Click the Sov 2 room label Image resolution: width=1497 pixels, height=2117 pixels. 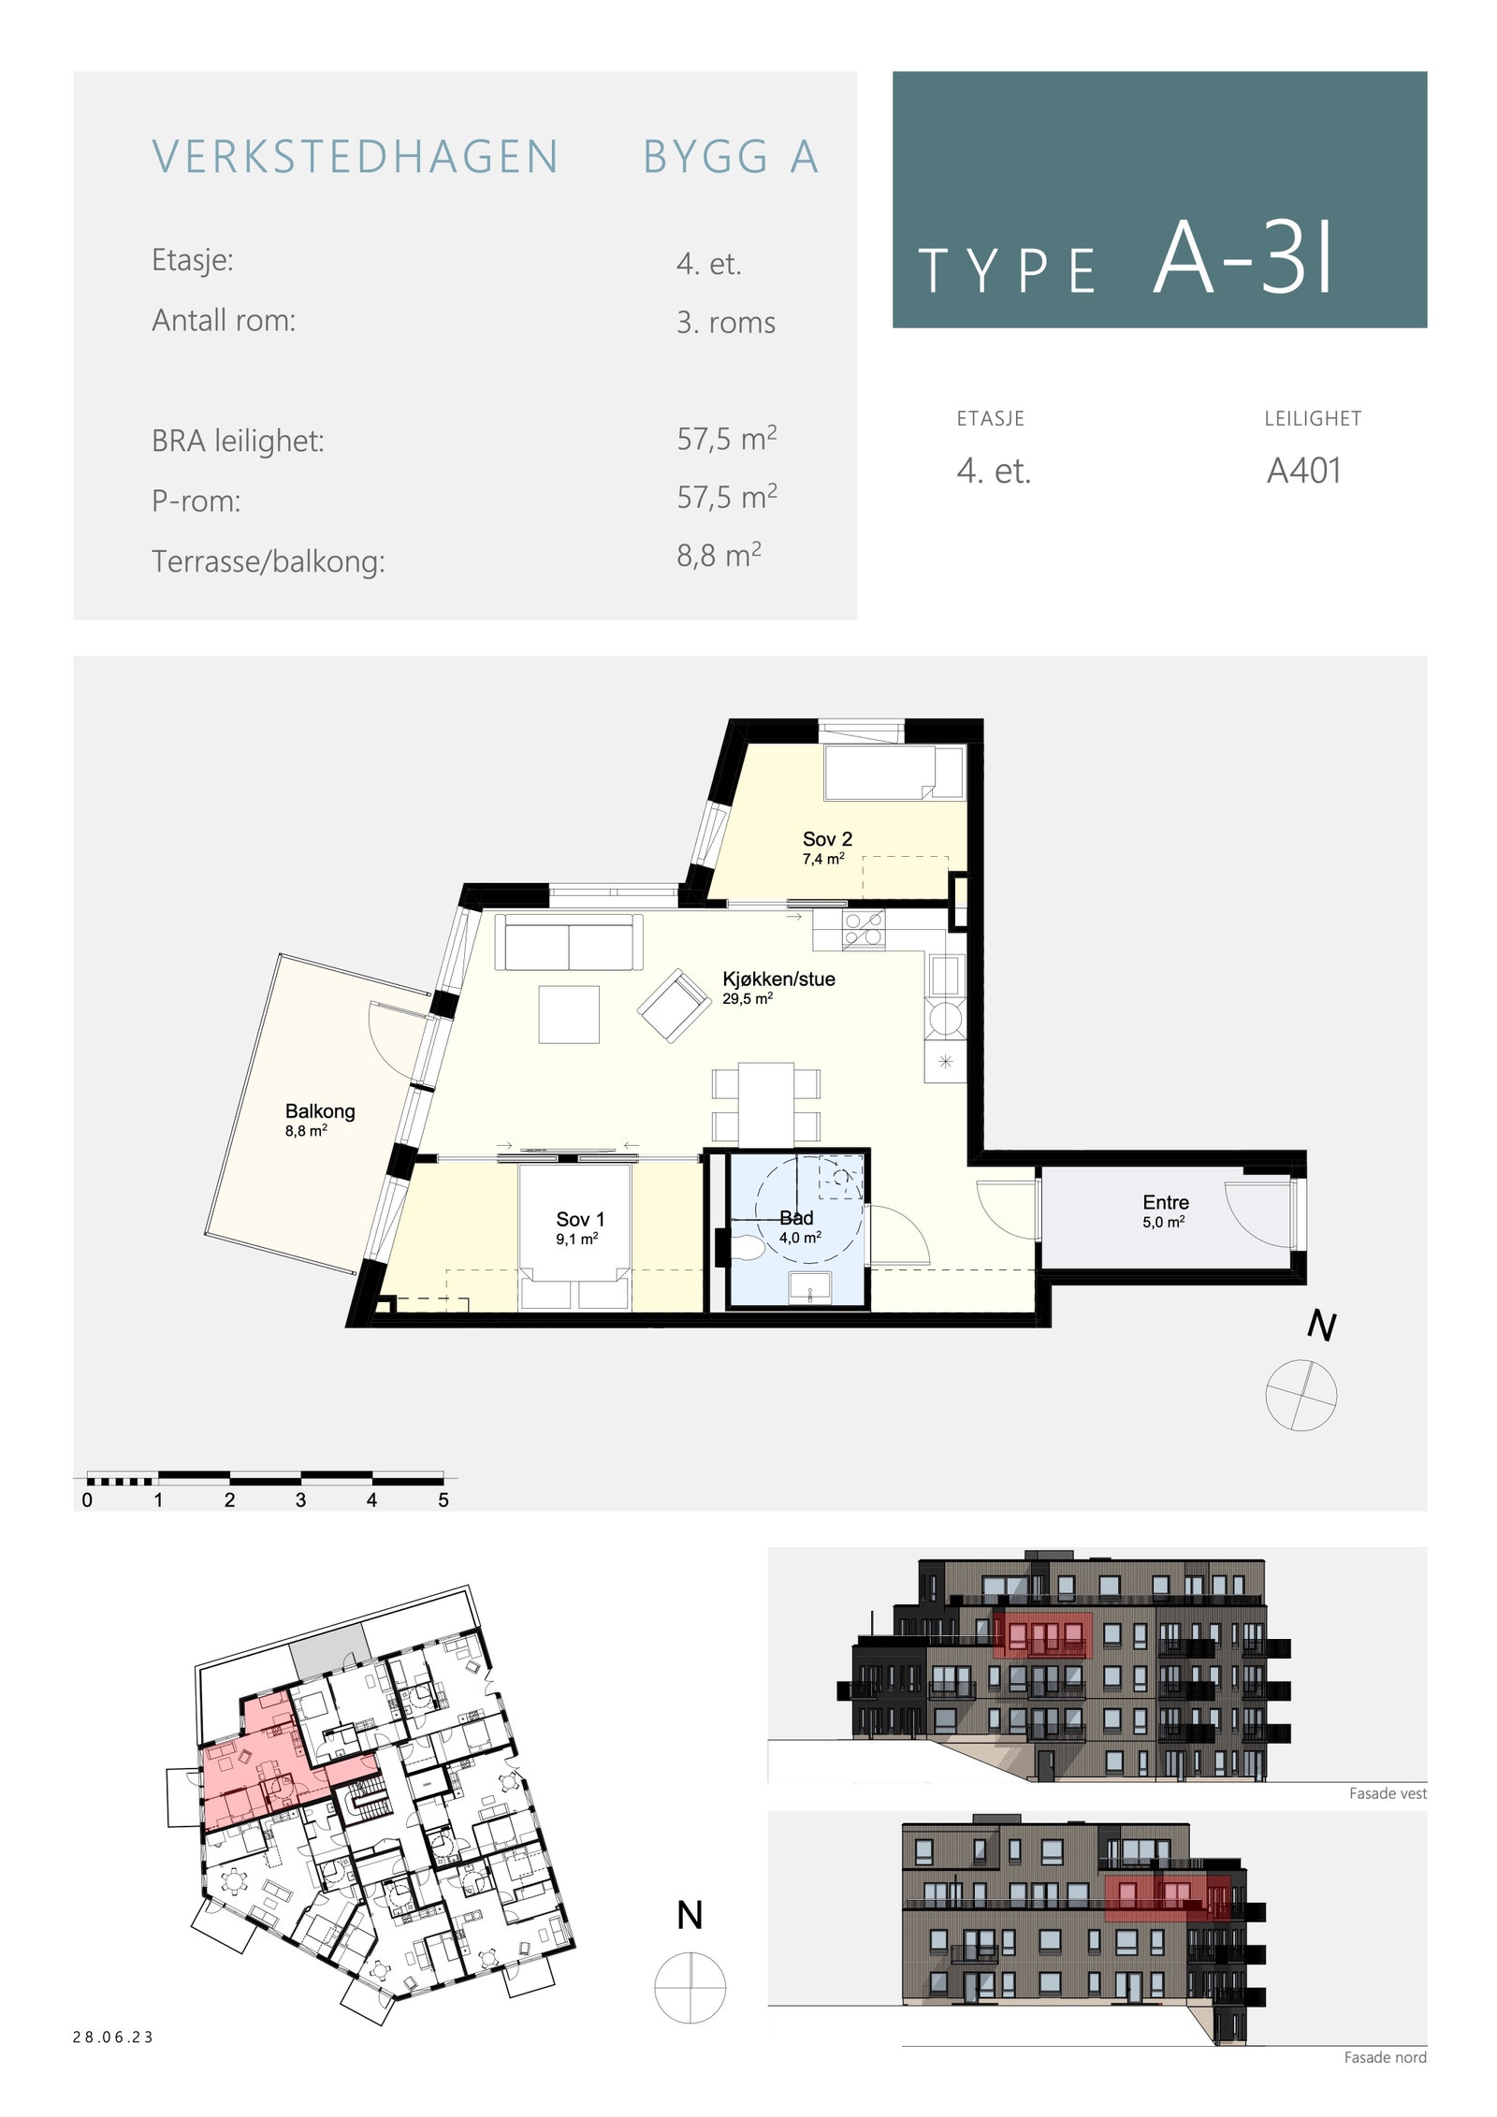827,839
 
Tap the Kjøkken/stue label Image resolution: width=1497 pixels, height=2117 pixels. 778,979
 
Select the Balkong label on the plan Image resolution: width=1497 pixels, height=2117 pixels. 320,1111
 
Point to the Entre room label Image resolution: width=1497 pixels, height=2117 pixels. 1166,1203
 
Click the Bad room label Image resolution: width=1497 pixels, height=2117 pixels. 797,1218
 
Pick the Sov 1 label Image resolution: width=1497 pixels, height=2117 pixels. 580,1220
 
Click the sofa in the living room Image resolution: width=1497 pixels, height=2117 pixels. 569,943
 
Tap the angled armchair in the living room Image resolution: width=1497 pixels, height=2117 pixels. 673,1007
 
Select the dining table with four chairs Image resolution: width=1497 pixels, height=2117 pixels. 766,1104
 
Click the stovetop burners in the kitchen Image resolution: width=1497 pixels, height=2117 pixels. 864,931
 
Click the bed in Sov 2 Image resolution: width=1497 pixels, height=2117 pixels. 894,773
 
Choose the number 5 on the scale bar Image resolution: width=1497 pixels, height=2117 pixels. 443,1501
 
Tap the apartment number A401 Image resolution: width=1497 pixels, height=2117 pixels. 1303,471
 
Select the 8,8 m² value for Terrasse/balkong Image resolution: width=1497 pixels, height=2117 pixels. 719,556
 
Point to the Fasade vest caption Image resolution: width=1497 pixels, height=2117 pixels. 1388,1794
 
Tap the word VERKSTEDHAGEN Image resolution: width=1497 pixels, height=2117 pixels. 356,157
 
